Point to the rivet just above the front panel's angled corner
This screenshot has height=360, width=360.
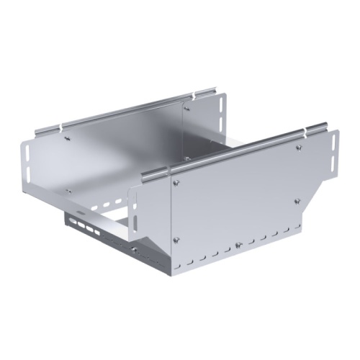coord(295,201)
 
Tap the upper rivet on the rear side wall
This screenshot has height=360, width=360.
coord(186,109)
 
